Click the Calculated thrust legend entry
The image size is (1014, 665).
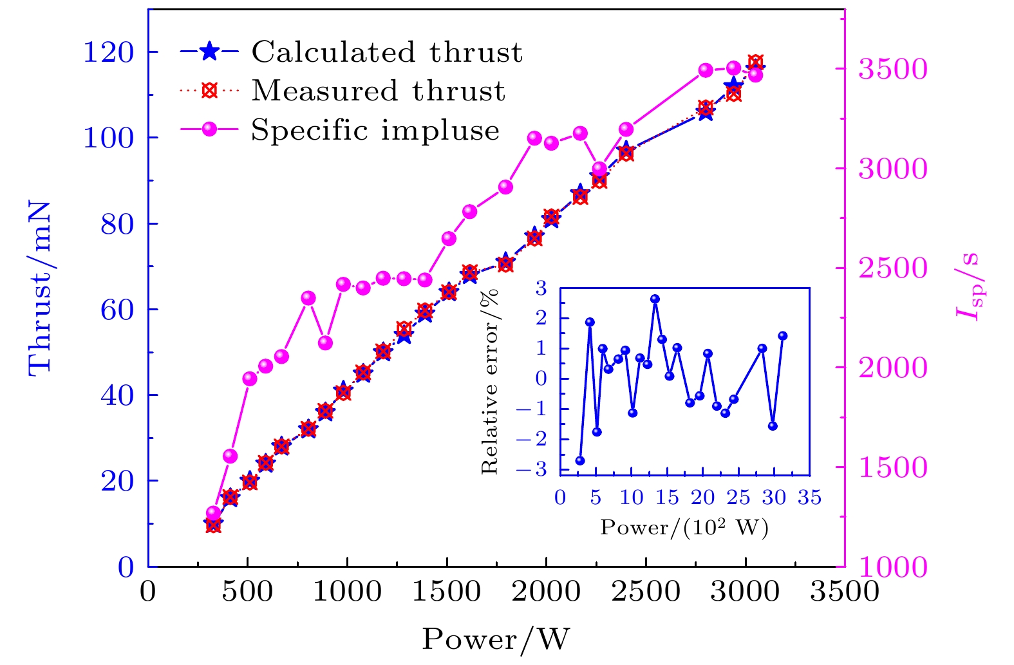[x=386, y=52]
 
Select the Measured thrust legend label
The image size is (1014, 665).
[x=378, y=91]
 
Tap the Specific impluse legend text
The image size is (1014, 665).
[x=375, y=130]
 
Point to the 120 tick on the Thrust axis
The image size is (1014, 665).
[x=108, y=52]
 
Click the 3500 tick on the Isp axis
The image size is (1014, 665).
[x=893, y=69]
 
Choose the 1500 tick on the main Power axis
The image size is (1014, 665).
[x=446, y=592]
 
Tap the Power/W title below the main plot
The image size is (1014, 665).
[x=496, y=639]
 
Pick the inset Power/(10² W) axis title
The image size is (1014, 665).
[x=684, y=528]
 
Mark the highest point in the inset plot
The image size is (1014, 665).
[x=655, y=299]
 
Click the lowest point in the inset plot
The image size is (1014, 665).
[x=580, y=461]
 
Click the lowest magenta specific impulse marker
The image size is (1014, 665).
[x=214, y=513]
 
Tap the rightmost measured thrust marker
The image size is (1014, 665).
[x=756, y=62]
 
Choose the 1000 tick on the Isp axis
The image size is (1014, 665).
[x=893, y=567]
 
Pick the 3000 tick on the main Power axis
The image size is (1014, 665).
[x=745, y=592]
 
